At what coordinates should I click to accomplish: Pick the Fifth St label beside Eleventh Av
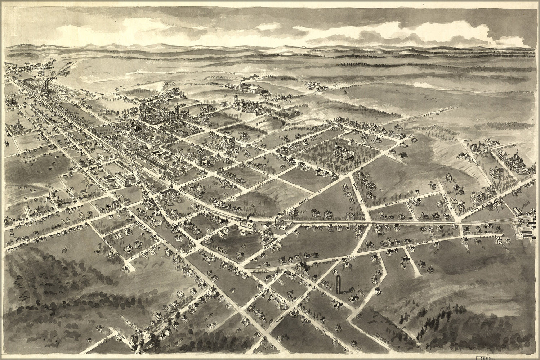(408, 208)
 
